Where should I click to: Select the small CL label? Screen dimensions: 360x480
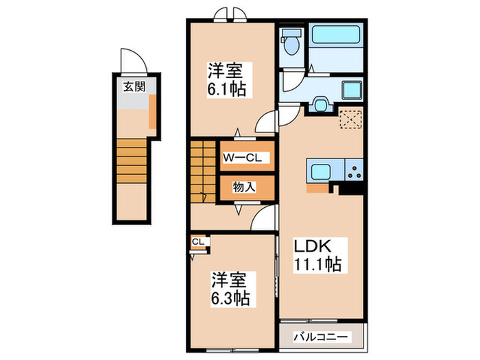[197, 241]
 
